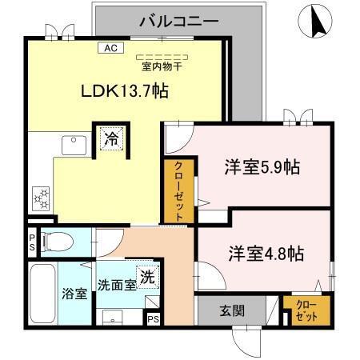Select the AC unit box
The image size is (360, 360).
(111, 48)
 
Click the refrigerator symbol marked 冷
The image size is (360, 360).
(111, 138)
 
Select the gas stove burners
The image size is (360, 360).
(41, 195)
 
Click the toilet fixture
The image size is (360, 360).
(55, 239)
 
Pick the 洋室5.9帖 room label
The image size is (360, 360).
(261, 168)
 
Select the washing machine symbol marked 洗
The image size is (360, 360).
(146, 277)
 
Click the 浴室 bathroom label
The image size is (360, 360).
(75, 293)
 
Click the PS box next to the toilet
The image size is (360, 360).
(32, 242)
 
